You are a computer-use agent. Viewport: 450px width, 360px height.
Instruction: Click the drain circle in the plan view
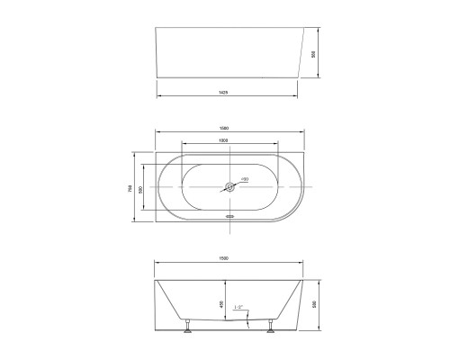[231, 188]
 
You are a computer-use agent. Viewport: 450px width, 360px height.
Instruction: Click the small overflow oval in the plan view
[229, 217]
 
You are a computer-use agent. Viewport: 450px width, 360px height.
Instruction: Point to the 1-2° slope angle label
[238, 308]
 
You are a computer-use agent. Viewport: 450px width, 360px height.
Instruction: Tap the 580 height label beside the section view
[312, 304]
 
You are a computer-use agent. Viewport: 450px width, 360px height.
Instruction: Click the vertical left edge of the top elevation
[157, 54]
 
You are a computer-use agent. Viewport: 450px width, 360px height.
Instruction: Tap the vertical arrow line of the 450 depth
[226, 306]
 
